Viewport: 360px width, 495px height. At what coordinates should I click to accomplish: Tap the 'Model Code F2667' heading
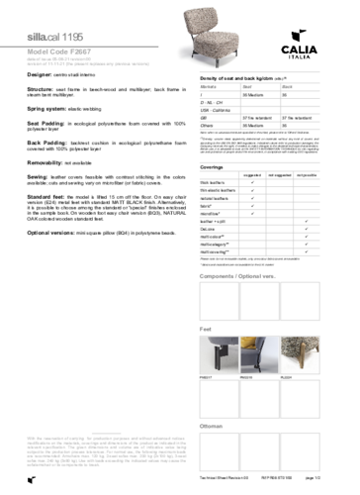point(55,48)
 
